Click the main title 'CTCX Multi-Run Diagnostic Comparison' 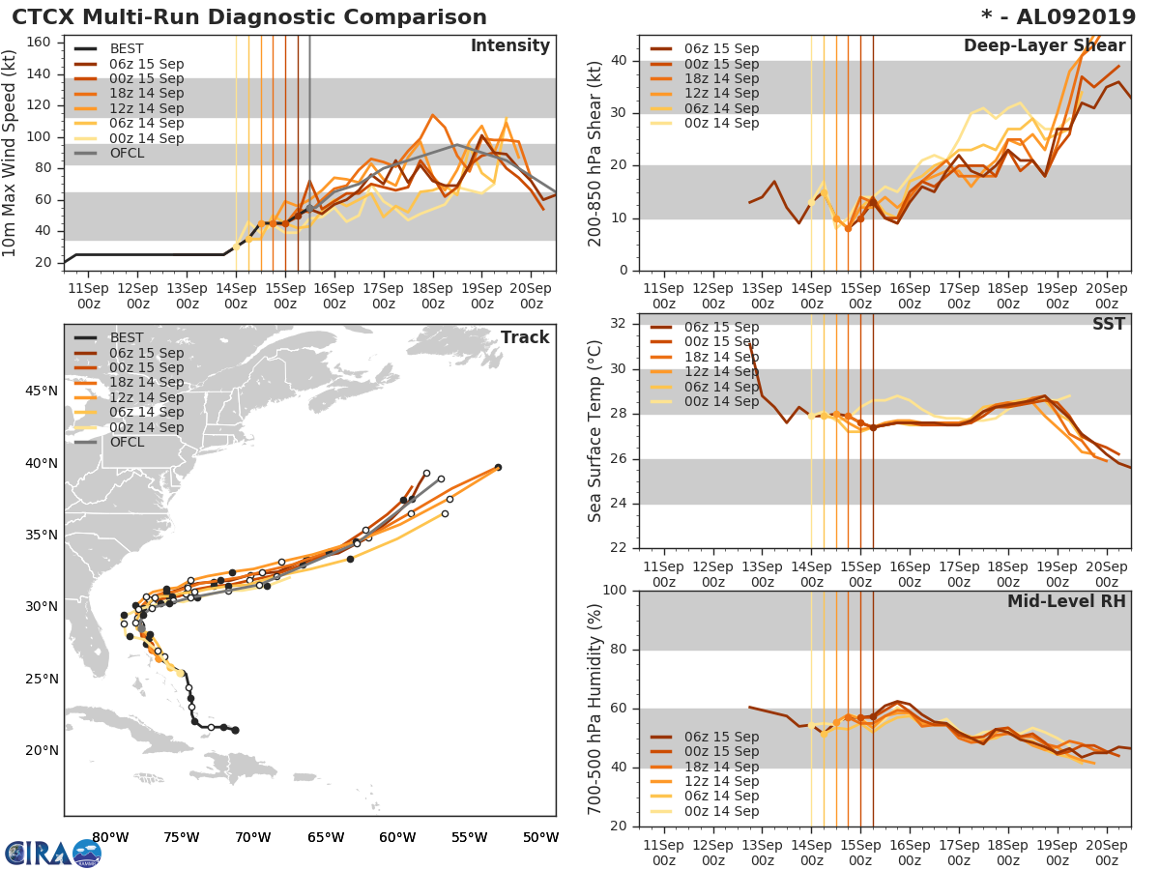tap(249, 17)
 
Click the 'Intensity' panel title tap(509, 46)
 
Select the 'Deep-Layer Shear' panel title tap(1044, 46)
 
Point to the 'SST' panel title tap(1108, 324)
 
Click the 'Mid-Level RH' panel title tap(1066, 601)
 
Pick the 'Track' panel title tap(524, 337)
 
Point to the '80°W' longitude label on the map tap(110, 837)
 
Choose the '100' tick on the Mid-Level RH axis tap(615, 591)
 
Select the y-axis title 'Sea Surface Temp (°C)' tap(595, 431)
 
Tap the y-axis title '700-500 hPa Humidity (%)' tap(595, 709)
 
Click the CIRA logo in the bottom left tap(53, 853)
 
